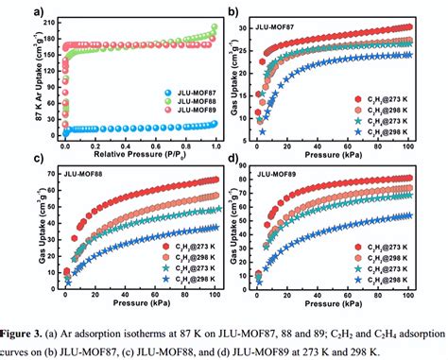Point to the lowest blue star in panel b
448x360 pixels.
(x=264, y=131)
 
